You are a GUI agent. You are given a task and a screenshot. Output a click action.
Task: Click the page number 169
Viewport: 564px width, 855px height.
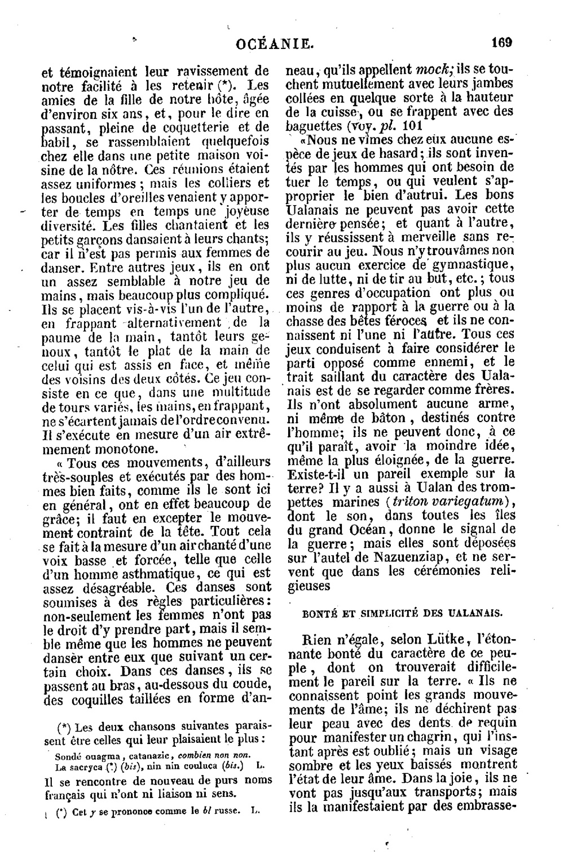(501, 42)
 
